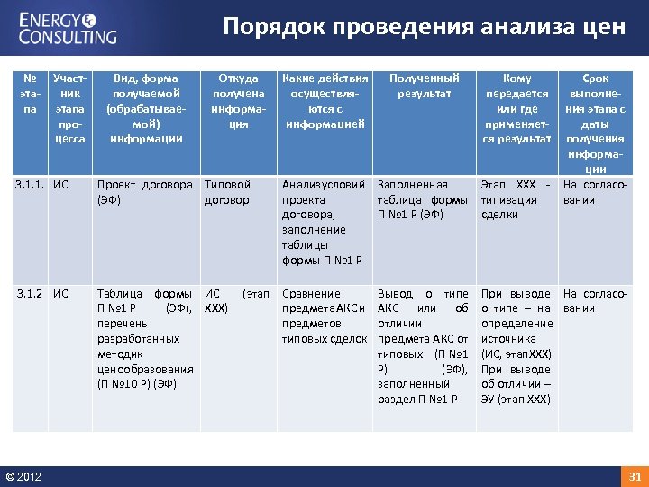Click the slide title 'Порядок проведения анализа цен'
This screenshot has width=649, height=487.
point(424,26)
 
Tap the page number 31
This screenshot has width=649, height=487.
point(634,476)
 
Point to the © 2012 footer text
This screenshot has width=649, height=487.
point(23,476)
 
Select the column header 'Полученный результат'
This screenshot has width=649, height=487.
point(424,86)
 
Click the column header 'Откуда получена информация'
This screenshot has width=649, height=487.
point(238,101)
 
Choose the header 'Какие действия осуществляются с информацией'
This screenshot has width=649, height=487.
point(324,101)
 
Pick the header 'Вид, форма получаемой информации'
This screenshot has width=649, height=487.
point(145,108)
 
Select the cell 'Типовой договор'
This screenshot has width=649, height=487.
point(227,192)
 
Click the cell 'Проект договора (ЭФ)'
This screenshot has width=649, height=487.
point(144,192)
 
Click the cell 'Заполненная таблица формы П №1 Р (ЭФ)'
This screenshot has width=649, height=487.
point(422,199)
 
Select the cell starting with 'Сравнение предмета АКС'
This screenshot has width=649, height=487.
point(324,316)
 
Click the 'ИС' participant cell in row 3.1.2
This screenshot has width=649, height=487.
point(60,294)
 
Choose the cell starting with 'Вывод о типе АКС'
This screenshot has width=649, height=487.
point(423,345)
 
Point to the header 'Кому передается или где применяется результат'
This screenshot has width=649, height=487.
point(516,108)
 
